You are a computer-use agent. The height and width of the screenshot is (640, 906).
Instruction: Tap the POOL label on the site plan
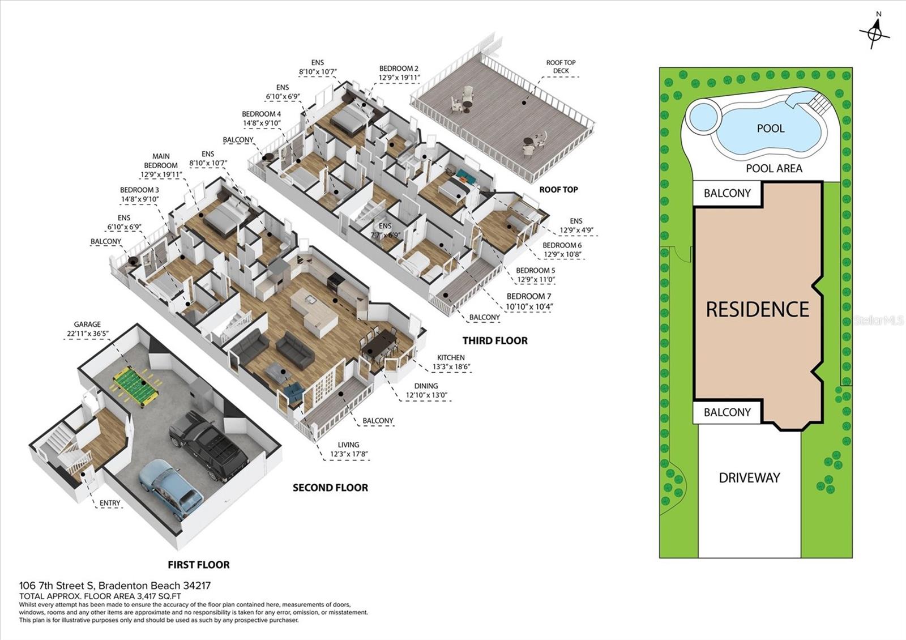[771, 128]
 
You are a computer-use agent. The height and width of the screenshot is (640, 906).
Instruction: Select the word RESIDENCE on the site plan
[758, 309]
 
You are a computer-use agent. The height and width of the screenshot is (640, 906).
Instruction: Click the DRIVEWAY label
[750, 478]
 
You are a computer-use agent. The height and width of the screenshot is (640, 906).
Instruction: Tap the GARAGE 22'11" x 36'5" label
[87, 329]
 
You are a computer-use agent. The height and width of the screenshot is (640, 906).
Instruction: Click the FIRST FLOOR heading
[199, 565]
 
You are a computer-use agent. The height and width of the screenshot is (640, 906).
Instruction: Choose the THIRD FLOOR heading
[495, 340]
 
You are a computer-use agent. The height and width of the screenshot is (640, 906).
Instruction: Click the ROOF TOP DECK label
[561, 66]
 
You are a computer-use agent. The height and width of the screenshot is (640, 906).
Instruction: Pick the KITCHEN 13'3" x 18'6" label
[451, 362]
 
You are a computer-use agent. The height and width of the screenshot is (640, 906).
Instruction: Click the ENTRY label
[110, 503]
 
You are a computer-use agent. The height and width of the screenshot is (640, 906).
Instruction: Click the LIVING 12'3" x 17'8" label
[349, 450]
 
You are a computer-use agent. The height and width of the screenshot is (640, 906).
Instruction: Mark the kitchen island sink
[311, 300]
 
